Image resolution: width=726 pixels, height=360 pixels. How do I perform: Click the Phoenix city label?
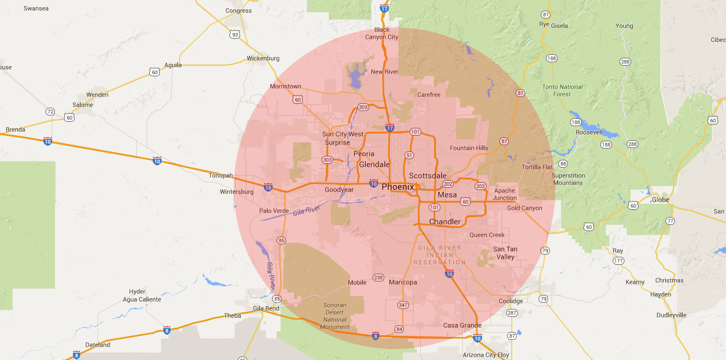pyautogui.click(x=398, y=187)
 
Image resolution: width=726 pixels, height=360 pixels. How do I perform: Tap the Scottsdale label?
pyautogui.click(x=428, y=176)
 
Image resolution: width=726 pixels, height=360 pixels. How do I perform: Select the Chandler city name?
pyautogui.click(x=444, y=221)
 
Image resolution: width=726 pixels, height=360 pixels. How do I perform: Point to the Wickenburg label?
pyautogui.click(x=263, y=58)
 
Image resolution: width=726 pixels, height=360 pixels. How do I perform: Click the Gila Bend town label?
pyautogui.click(x=266, y=308)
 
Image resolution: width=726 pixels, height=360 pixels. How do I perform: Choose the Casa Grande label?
pyautogui.click(x=462, y=325)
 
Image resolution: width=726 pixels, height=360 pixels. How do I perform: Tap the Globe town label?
pyautogui.click(x=661, y=200)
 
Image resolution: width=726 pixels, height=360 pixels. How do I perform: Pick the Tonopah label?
pyautogui.click(x=220, y=176)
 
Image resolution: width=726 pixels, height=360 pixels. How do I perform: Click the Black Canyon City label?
pyautogui.click(x=382, y=34)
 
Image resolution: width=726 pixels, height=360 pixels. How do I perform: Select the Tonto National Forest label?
pyautogui.click(x=562, y=91)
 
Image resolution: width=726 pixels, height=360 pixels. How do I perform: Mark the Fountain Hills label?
pyautogui.click(x=469, y=148)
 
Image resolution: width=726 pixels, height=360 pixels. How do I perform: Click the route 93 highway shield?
pyautogui.click(x=235, y=35)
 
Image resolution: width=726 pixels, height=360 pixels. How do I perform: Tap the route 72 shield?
pyautogui.click(x=50, y=112)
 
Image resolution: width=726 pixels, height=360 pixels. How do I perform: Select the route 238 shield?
pyautogui.click(x=378, y=278)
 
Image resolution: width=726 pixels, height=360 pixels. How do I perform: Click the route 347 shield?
pyautogui.click(x=403, y=305)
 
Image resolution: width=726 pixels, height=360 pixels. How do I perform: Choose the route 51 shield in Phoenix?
pyautogui.click(x=410, y=155)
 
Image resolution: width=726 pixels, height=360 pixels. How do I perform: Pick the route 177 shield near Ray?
pyautogui.click(x=618, y=261)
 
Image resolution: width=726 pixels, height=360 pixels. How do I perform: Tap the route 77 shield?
pyautogui.click(x=670, y=221)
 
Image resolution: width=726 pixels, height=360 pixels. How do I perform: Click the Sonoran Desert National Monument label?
pyautogui.click(x=335, y=316)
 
